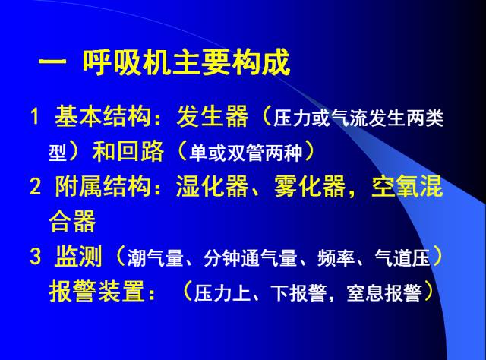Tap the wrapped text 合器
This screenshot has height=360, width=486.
pyautogui.click(x=72, y=221)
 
